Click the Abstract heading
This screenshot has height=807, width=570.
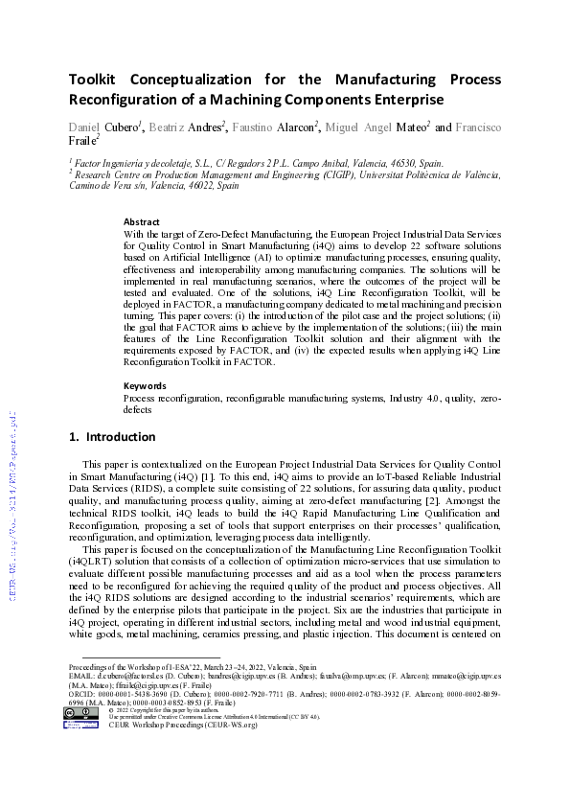pyautogui.click(x=141, y=220)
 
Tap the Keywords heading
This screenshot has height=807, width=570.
pyautogui.click(x=145, y=385)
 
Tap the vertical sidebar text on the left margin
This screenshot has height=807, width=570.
pyautogui.click(x=11, y=497)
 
